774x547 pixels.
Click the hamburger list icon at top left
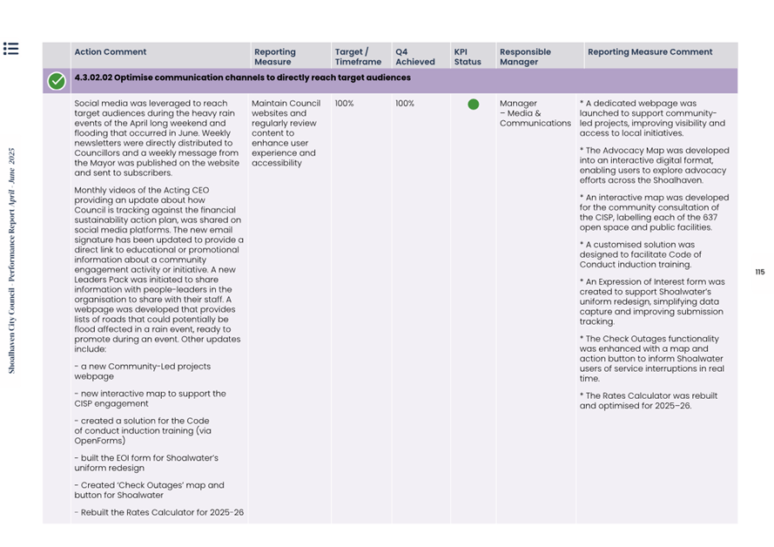[x=10, y=49]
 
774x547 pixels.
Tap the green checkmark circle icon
[x=57, y=81]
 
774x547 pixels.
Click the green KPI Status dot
[x=473, y=105]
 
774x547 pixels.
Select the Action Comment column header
[x=111, y=52]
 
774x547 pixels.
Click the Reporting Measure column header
[x=274, y=57]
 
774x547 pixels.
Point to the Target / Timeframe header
[x=358, y=57]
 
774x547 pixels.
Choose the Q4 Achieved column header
[x=414, y=57]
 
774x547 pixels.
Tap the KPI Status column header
[x=468, y=57]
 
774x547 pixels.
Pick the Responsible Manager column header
[x=525, y=57]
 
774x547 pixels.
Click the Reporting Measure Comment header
[x=649, y=52]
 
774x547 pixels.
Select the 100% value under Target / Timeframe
[x=344, y=104]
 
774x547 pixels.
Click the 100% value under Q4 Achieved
[x=405, y=104]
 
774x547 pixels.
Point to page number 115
[x=759, y=273]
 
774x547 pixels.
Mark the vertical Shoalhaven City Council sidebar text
[x=12, y=261]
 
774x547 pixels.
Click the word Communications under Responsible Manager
[x=535, y=123]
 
